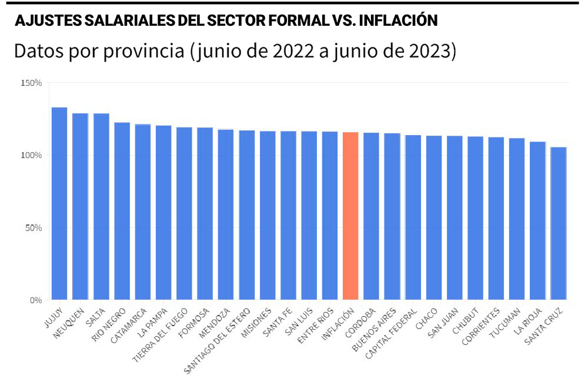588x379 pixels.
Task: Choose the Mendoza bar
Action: point(226,214)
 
